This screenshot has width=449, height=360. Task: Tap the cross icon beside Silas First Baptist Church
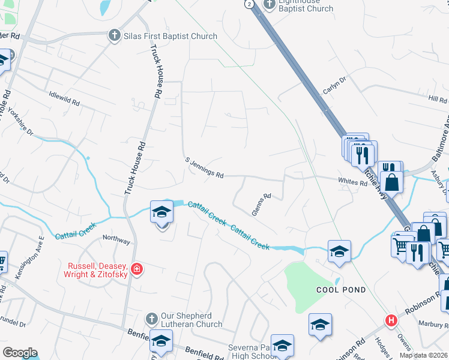[x=114, y=37]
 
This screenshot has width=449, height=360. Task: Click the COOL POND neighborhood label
[x=342, y=290]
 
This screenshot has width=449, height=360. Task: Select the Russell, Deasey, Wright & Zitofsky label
[x=98, y=269]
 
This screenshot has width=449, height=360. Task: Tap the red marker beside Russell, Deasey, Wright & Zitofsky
[x=137, y=269]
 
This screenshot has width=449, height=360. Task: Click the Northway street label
[x=116, y=241]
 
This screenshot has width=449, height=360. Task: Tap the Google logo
[x=20, y=353]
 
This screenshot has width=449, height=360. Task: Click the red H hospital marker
[x=391, y=320]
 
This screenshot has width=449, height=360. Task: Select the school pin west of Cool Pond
[x=339, y=250]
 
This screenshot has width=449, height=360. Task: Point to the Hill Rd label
[x=434, y=99]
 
